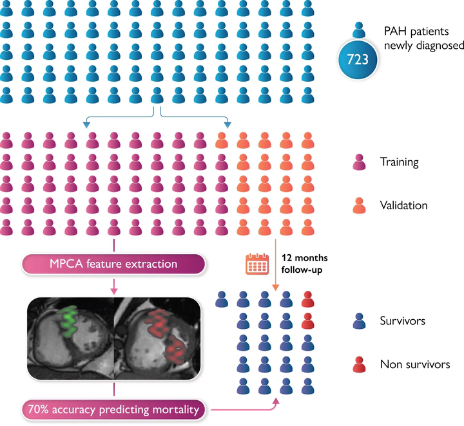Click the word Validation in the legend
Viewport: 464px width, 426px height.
pos(403,205)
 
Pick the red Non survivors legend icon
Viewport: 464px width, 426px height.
pos(361,364)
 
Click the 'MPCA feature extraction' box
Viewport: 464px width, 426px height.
pos(113,264)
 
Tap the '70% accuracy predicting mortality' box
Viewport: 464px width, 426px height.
pos(113,408)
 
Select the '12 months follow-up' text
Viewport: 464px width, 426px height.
pos(300,264)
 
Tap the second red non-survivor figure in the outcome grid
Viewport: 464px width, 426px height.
pos(308,319)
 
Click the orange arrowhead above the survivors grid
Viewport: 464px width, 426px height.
pos(276,290)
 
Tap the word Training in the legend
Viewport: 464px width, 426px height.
pos(399,162)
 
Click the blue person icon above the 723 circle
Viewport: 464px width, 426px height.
pos(361,31)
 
